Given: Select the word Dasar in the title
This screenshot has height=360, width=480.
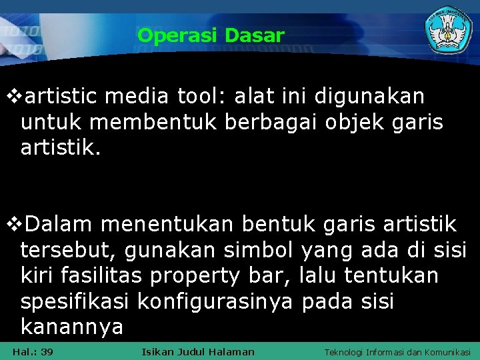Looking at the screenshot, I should tap(255, 35).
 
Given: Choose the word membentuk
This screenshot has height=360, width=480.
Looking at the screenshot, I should tap(155, 122).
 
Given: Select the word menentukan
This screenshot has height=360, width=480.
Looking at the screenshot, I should tap(169, 225).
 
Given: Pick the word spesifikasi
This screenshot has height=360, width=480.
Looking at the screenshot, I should tap(75, 301).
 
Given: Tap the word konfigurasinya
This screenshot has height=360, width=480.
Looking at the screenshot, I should tap(215, 301).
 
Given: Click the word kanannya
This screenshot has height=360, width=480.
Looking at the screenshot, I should tap(72, 327).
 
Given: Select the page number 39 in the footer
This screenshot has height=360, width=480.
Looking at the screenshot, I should tap(47, 351).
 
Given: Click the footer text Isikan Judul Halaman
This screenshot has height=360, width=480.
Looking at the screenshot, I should tap(198, 351).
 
